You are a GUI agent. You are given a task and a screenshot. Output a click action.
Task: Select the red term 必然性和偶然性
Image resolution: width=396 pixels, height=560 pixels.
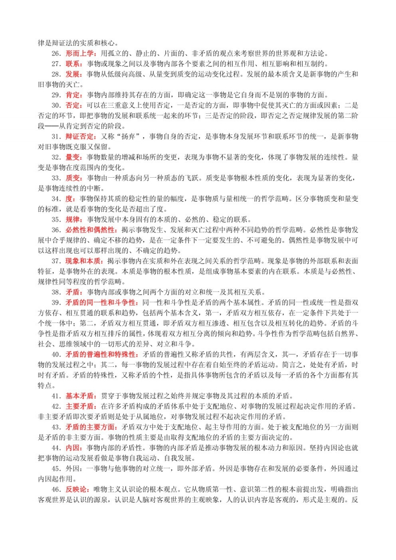[x=87, y=230]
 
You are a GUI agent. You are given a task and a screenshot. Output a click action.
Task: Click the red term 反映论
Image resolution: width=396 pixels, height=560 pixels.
[x=76, y=490]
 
